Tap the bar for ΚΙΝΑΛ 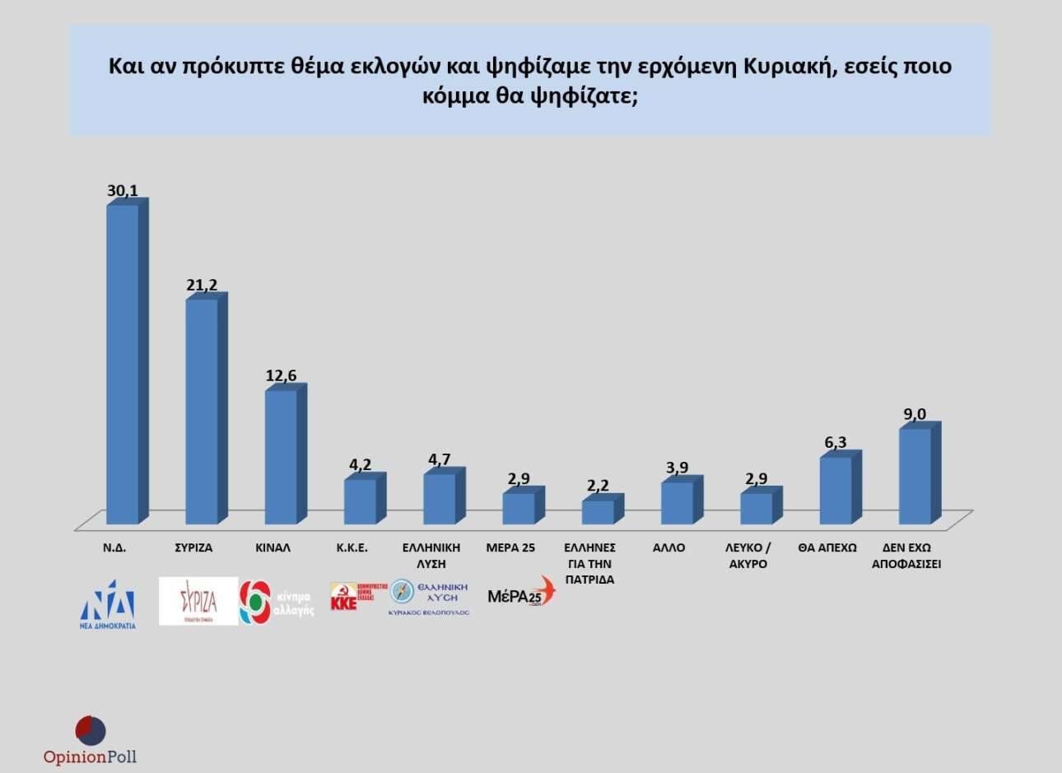pos(281,456)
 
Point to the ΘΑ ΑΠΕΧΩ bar pos(836,490)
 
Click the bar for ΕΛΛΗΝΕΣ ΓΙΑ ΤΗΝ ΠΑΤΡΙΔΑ pos(598,511)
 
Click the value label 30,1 pos(122,190)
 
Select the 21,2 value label pos(202,285)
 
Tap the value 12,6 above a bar pos(281,375)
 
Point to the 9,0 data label pos(915,414)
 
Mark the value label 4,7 pos(439,459)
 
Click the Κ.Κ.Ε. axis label pos(352,547)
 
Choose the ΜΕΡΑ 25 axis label pos(510,547)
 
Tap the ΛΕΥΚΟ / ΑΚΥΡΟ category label pos(748,556)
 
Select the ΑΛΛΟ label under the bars pos(668,547)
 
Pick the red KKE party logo pos(352,596)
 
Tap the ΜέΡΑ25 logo pos(521,594)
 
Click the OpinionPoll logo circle pos(91,731)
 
